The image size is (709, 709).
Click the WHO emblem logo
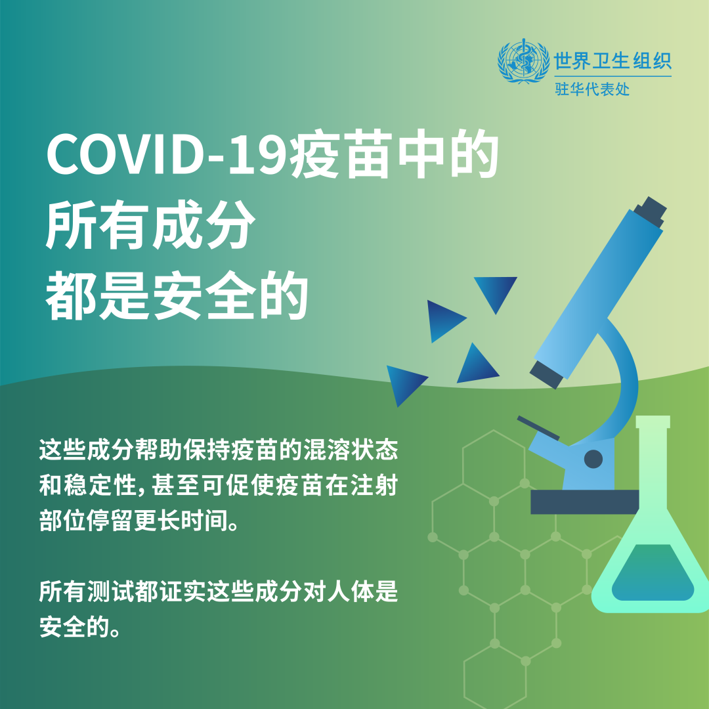pyautogui.click(x=523, y=61)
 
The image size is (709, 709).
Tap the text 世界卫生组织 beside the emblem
pyautogui.click(x=612, y=60)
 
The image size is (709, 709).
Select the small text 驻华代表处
pyautogui.click(x=592, y=89)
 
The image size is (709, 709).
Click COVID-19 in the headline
pyautogui.click(x=167, y=154)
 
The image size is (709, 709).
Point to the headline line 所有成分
pyautogui.click(x=150, y=225)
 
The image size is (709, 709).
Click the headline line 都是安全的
pyautogui.click(x=177, y=295)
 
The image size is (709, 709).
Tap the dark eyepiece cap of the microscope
pyautogui.click(x=650, y=211)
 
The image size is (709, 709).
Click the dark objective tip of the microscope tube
pyautogui.click(x=547, y=374)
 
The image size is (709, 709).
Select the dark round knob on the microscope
pyautogui.click(x=593, y=459)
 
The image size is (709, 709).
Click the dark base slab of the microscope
pyautogui.click(x=584, y=502)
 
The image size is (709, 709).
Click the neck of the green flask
pyautogui.click(x=653, y=457)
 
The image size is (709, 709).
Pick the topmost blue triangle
pyautogui.click(x=496, y=291)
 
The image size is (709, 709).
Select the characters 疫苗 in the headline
pyautogui.click(x=340, y=154)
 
